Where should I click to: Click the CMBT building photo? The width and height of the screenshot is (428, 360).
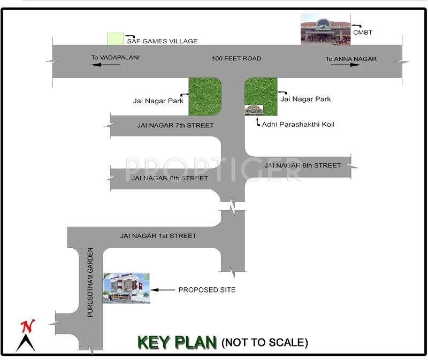[x=325, y=29]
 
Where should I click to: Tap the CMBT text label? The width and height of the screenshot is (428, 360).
[x=363, y=33]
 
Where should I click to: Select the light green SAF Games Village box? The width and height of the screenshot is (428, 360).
[x=115, y=39]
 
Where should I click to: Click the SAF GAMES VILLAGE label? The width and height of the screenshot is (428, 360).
[x=162, y=41]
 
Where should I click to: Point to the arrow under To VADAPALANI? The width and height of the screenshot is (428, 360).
[x=105, y=65]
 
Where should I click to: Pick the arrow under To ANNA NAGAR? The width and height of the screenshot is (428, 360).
[x=346, y=65]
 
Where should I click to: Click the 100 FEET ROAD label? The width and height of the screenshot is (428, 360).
[x=236, y=58]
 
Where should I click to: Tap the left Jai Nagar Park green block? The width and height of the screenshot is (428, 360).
[x=205, y=97]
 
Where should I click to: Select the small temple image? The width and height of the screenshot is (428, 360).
[x=254, y=110]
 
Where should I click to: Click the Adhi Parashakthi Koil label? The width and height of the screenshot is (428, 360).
[x=298, y=125]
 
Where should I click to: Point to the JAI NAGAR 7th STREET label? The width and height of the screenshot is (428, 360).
[x=175, y=126]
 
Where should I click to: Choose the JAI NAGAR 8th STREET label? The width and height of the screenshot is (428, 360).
[x=303, y=165]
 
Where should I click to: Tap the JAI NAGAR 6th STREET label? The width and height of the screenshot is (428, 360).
[x=170, y=178]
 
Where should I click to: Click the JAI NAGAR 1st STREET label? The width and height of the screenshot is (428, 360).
[x=158, y=236]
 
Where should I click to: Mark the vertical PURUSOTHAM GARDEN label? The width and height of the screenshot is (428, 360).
[x=90, y=282]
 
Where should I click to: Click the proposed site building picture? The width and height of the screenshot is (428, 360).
[x=126, y=288]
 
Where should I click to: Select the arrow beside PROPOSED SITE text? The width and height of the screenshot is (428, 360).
[x=163, y=290]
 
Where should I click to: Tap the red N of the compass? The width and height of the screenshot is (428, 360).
[x=28, y=326]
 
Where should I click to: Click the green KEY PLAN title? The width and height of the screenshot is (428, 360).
[x=177, y=342]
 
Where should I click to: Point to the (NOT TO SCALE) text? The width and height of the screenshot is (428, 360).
[x=265, y=342]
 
